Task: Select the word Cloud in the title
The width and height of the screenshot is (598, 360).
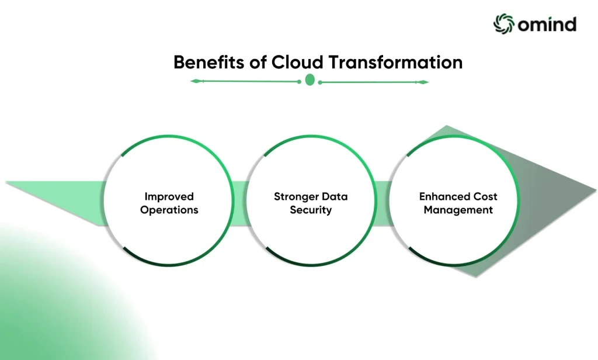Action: (297, 63)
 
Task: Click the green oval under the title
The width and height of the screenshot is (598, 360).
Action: (310, 80)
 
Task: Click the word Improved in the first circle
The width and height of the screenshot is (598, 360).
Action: (169, 196)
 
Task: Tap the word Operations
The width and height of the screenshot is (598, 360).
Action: (169, 210)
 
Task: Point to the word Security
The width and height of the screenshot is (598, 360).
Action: (311, 210)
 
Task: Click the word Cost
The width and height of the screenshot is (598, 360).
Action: (486, 196)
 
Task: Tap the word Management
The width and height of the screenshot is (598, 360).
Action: (458, 210)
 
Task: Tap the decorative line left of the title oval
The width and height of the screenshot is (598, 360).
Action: (245, 81)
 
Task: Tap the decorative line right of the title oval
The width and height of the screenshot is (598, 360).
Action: (374, 82)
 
